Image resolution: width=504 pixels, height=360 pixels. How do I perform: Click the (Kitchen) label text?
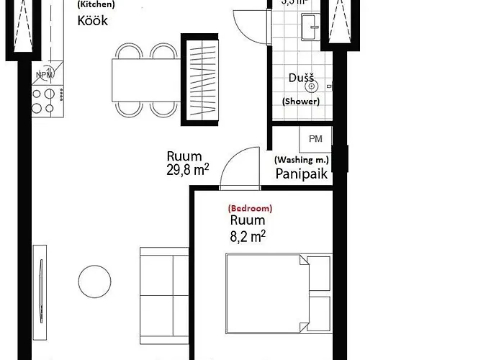[x=96, y=4]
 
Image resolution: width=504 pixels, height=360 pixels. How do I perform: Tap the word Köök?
[x=92, y=21]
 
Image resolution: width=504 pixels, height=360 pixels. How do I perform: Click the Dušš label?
[x=300, y=77]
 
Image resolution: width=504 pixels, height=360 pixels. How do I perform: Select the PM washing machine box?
[x=315, y=138]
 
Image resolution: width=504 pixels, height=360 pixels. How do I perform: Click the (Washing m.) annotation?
[x=301, y=159]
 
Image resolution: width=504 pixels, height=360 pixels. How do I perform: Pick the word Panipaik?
[x=302, y=174]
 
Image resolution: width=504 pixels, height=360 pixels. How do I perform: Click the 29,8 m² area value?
[x=187, y=170]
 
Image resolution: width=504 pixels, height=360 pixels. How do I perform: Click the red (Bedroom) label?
[x=250, y=207]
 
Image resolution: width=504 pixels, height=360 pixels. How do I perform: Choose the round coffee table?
[x=94, y=281]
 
